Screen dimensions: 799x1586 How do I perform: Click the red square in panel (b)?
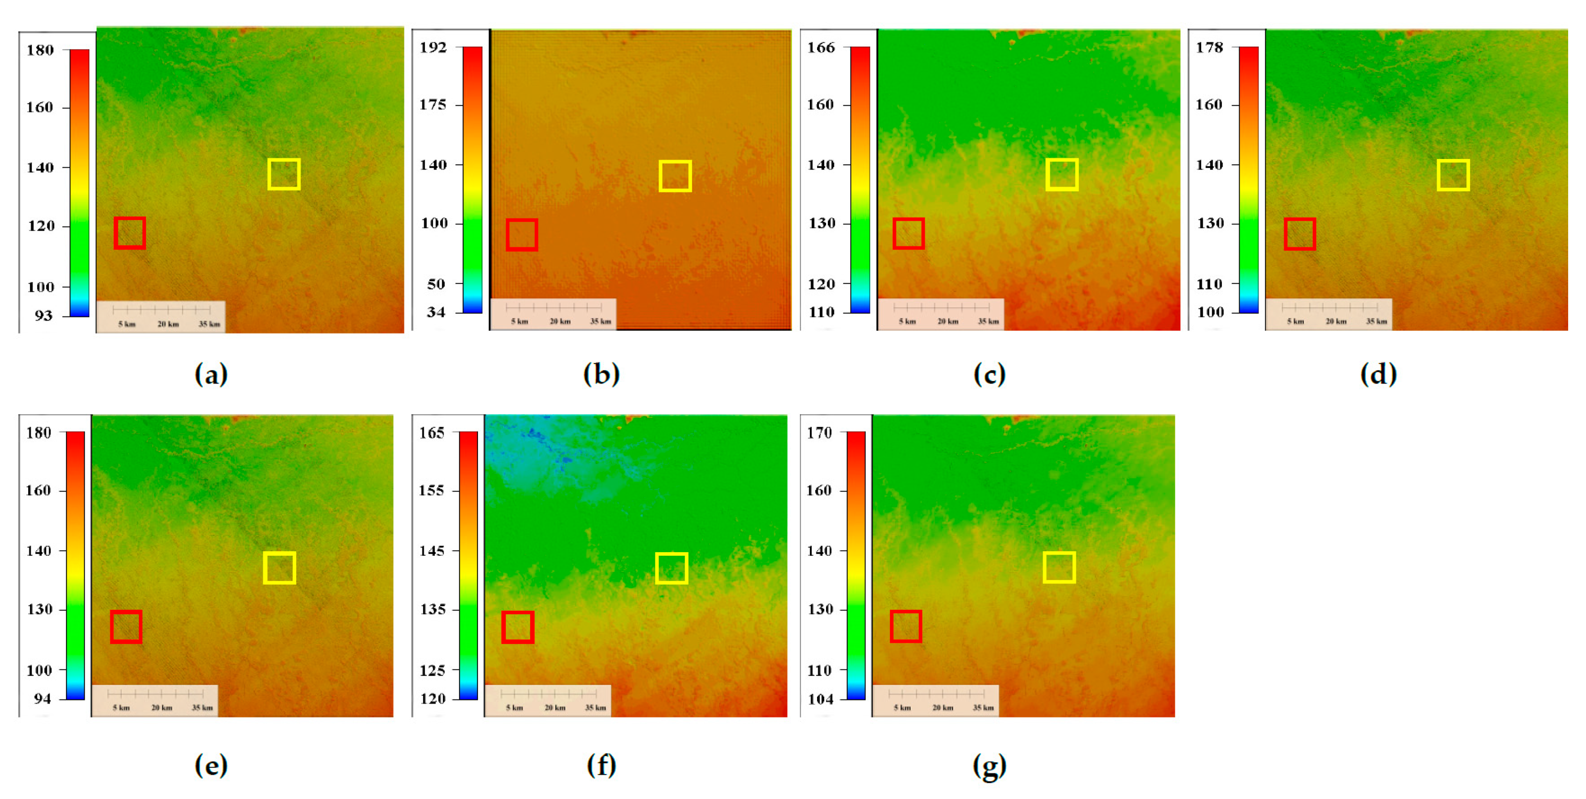tap(522, 235)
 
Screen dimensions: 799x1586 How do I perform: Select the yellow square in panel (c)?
tap(1062, 175)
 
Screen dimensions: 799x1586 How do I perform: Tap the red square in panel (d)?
tap(1300, 234)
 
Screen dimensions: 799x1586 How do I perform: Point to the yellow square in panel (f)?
tap(671, 567)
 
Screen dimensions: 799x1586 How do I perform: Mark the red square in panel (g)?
tap(905, 627)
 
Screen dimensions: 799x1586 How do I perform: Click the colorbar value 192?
tap(433, 47)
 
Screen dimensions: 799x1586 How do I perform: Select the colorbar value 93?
tap(43, 316)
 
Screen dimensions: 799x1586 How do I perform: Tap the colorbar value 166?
tap(821, 47)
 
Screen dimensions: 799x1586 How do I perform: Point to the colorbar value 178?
tap(1209, 47)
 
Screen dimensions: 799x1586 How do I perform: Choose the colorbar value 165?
tap(432, 433)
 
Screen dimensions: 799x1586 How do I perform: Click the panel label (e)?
tap(211, 766)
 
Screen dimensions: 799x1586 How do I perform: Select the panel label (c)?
tap(989, 375)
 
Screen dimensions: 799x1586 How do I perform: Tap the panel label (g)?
tap(989, 766)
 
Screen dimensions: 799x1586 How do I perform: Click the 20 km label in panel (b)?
tap(560, 321)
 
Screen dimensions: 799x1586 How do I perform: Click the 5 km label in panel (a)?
tap(127, 324)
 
